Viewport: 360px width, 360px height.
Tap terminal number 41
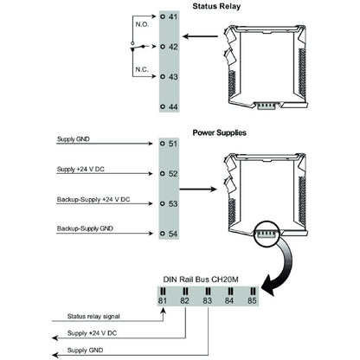tap(172, 17)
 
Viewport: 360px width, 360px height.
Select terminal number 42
tap(172, 48)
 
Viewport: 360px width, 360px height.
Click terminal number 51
tap(172, 145)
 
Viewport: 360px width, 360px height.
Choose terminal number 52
tap(172, 174)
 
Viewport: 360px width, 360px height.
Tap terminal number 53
tap(172, 204)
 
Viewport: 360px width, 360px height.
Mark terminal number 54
tap(172, 235)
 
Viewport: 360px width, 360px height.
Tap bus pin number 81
tap(162, 301)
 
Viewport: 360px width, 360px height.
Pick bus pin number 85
tap(252, 301)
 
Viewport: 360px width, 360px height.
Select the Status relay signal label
tap(95, 316)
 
